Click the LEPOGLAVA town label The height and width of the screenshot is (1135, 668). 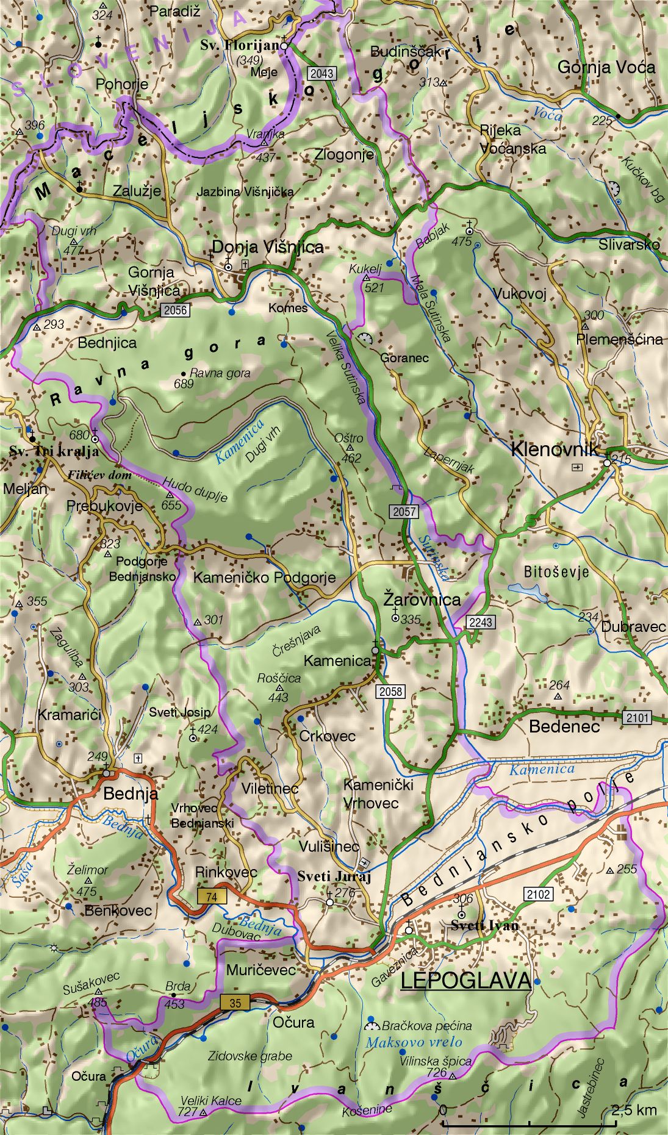point(465,980)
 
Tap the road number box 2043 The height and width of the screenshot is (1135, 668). point(321,74)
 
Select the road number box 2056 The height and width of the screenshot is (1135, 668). point(176,310)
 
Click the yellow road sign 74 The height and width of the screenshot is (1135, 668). point(212,896)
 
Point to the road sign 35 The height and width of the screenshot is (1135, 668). point(235,1003)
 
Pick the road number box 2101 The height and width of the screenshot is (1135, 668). point(637,718)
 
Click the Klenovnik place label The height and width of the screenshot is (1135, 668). point(555,449)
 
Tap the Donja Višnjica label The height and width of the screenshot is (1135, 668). point(267,247)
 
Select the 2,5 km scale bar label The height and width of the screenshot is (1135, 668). point(634,1109)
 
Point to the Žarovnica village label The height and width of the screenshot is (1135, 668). point(422,599)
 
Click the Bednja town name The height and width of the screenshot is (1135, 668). point(131,793)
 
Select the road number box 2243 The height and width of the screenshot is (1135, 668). point(481,622)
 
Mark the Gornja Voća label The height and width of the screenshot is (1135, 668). point(606,67)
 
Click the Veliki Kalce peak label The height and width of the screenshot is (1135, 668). point(210,1101)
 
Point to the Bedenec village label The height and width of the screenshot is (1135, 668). point(564,726)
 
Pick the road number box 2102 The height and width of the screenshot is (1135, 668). point(538,894)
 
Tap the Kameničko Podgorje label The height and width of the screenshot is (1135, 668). point(264,578)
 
